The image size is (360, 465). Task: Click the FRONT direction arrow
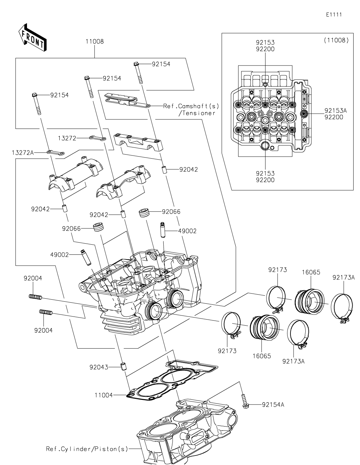pyautogui.click(x=32, y=38)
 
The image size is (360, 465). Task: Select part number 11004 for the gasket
pyautogui.click(x=104, y=395)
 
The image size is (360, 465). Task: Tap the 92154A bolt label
pyautogui.click(x=273, y=404)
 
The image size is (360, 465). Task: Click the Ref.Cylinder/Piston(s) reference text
pyautogui.click(x=87, y=449)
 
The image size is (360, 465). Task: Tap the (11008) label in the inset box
pyautogui.click(x=336, y=40)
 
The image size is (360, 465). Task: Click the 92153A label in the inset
pyautogui.click(x=334, y=111)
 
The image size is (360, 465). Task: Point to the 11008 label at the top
pyautogui.click(x=94, y=42)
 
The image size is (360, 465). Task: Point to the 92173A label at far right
pyautogui.click(x=343, y=277)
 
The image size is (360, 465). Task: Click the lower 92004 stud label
pyautogui.click(x=43, y=330)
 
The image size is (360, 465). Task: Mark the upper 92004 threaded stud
pyautogui.click(x=35, y=297)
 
